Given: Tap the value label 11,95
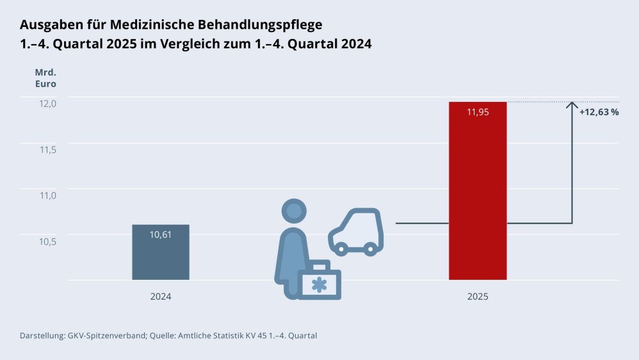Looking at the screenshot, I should (478, 112).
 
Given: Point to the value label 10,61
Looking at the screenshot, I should (161, 234).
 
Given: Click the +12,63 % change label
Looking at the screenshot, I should (599, 112).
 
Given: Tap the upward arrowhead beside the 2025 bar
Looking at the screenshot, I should (572, 105).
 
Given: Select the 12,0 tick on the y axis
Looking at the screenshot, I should (48, 103).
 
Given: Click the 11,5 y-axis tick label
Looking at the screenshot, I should (48, 149).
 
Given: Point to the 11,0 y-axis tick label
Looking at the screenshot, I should (48, 195).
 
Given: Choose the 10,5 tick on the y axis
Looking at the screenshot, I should (48, 241).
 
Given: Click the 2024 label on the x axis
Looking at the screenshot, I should (161, 297).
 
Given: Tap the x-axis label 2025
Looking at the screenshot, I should (478, 297).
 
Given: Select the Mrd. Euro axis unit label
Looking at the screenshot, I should (45, 78).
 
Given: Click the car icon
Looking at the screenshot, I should (355, 232).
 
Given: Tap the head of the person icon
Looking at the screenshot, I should (294, 211).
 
